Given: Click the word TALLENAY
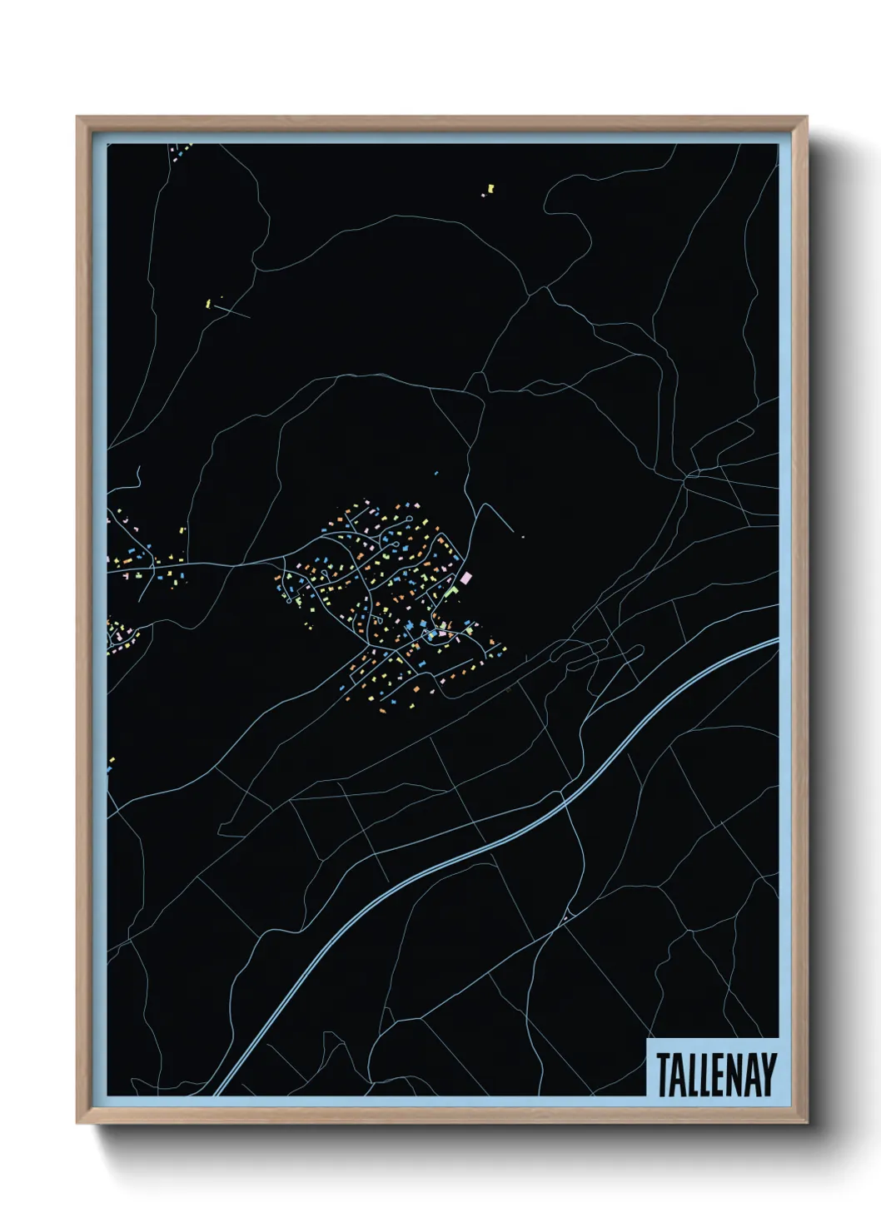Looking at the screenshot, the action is point(716,1075).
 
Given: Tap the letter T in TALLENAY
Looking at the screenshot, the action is point(664,1075).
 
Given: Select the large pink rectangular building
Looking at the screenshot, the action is point(465,576).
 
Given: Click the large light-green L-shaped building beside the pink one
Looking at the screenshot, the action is point(453,590).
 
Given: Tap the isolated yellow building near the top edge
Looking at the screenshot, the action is point(489,191).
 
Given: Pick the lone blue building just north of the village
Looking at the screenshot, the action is point(436,473).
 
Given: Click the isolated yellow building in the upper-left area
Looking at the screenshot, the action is point(207,302).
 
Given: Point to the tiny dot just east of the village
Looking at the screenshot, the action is point(522,537).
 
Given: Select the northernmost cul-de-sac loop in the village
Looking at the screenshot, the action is point(409,519).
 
